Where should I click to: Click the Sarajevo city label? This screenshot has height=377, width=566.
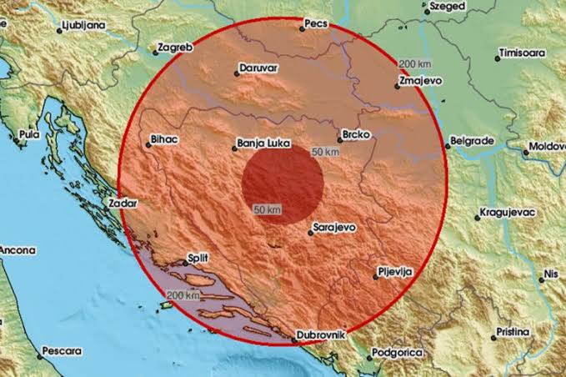tap(333, 227)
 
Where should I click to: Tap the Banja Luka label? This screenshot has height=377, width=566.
tap(263, 143)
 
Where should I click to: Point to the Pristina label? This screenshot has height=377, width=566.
tap(512, 331)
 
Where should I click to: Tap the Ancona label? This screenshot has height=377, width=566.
tap(18, 249)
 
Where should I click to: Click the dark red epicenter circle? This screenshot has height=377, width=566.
tap(283, 184)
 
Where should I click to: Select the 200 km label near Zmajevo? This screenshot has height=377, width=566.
tap(413, 63)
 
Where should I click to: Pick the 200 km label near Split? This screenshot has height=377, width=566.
tap(183, 295)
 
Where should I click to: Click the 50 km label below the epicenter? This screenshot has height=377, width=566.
tap(267, 209)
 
